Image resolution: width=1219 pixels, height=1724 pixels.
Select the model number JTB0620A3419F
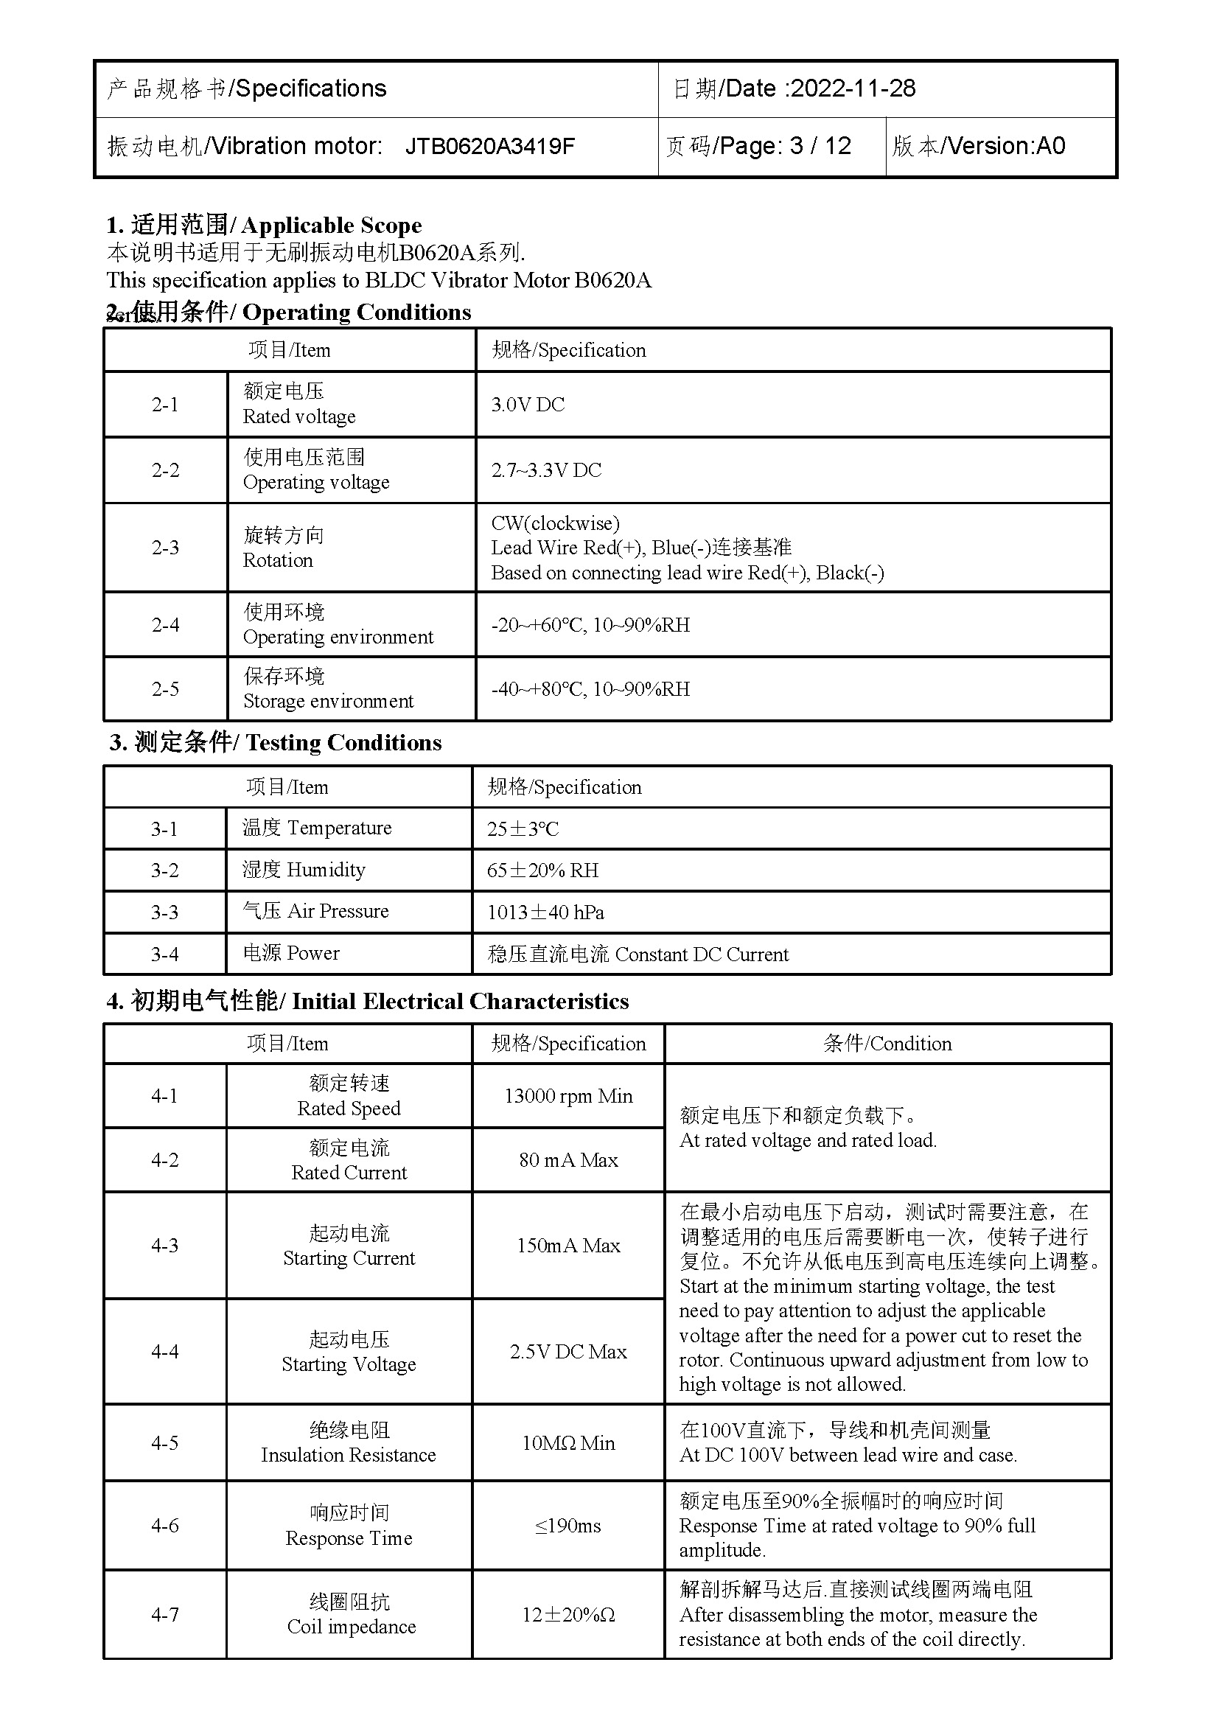coord(489,146)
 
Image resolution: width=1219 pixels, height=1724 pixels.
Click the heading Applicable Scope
coord(331,226)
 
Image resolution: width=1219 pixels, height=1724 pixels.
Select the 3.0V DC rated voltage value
coord(528,405)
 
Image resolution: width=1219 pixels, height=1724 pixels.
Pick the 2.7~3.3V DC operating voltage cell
coord(546,470)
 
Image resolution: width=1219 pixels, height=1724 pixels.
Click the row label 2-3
coord(165,548)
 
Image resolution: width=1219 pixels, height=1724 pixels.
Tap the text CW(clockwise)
coord(556,523)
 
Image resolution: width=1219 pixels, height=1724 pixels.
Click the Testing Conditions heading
coord(343,743)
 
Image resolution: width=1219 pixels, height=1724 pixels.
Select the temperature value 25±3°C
coord(523,829)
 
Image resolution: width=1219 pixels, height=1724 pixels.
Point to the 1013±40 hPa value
coord(545,912)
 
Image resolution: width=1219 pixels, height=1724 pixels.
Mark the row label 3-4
coord(164,955)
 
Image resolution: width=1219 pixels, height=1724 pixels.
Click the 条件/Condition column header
coord(887,1044)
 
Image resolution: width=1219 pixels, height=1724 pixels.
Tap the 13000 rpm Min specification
coord(568,1096)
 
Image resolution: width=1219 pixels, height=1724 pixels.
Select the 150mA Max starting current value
coord(568,1246)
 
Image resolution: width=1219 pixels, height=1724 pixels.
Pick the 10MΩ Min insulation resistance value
coord(568,1443)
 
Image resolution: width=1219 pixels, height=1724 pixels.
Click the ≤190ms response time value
coord(568,1526)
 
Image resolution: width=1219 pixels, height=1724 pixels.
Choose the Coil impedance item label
coord(352,1627)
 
